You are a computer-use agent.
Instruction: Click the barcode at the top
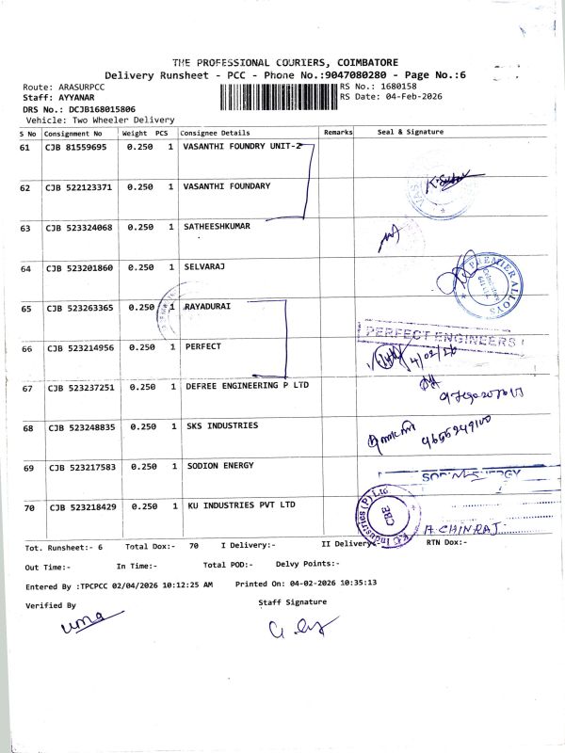point(279,95)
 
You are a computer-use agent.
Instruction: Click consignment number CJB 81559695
point(77,148)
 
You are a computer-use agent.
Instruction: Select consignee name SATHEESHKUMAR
point(218,227)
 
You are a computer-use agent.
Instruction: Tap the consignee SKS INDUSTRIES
point(221,426)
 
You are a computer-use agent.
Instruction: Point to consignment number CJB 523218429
point(82,507)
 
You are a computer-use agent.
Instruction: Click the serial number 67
point(27,388)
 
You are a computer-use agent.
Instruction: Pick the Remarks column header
point(338,133)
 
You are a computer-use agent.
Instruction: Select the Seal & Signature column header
point(410,133)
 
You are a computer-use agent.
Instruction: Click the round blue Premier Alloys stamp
point(492,282)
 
